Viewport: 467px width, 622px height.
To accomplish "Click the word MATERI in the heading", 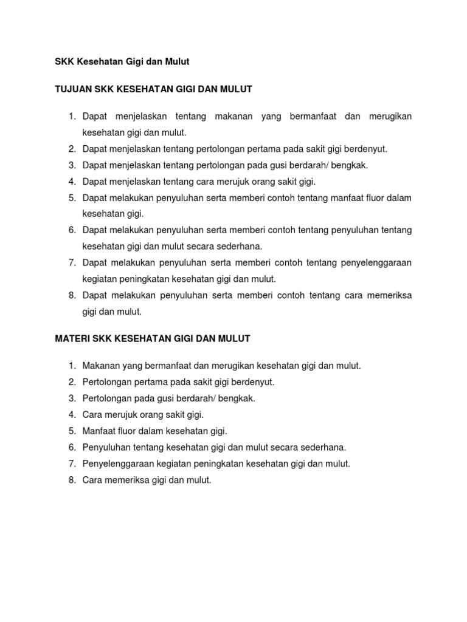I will pos(69,338).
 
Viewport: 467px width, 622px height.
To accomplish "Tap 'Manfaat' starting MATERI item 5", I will pos(99,431).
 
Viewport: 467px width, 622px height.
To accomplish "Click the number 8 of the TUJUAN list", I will pos(71,295).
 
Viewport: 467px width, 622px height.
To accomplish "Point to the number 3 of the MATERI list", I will pos(71,398).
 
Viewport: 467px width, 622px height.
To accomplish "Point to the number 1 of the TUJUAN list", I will pos(71,116).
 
